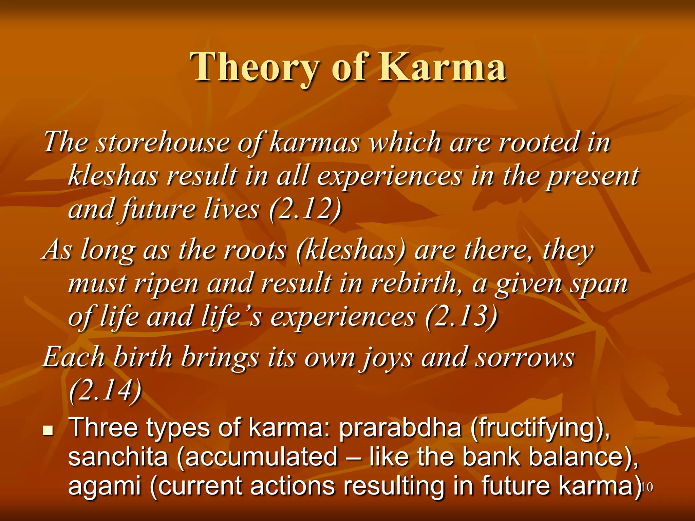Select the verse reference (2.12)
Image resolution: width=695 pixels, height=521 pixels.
click(x=305, y=209)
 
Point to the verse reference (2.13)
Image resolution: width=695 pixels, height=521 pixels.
click(x=461, y=316)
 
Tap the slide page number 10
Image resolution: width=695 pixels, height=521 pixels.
click(x=647, y=487)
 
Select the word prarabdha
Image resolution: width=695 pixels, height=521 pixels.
click(x=400, y=428)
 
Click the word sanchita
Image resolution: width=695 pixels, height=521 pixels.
click(x=118, y=457)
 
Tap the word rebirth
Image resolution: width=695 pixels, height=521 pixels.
click(x=416, y=284)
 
